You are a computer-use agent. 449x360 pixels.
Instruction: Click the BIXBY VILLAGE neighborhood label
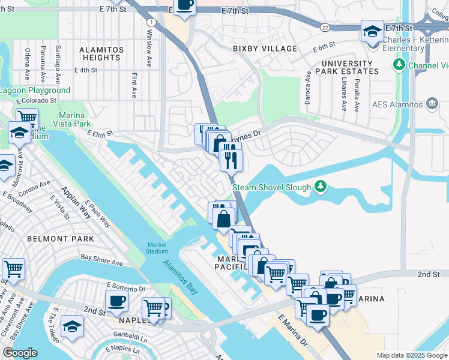(x=265, y=48)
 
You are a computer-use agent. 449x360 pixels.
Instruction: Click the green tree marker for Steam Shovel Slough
(x=321, y=187)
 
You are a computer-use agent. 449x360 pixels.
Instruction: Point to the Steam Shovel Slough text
(x=272, y=187)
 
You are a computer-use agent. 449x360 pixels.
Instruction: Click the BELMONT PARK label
(x=60, y=238)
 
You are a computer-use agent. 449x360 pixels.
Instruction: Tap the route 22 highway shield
(x=325, y=28)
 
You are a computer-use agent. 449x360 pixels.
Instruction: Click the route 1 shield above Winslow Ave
(x=152, y=22)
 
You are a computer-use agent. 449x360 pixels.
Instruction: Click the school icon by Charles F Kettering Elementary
(x=372, y=31)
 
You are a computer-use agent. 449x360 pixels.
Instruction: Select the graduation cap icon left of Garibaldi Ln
(x=72, y=327)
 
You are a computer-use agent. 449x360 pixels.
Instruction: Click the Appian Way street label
(x=74, y=203)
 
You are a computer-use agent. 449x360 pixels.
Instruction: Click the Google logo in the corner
(x=20, y=353)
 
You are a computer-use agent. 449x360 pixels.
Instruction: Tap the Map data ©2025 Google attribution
(x=412, y=355)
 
